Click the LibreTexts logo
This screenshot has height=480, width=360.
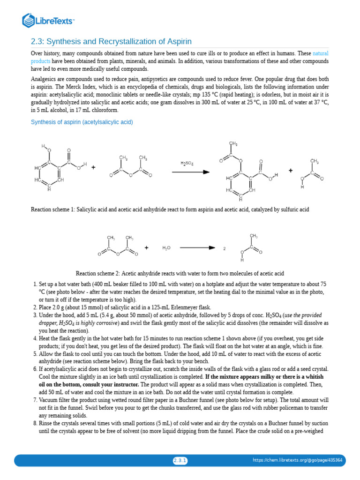pos(49,20)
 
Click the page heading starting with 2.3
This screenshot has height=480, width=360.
pos(111,41)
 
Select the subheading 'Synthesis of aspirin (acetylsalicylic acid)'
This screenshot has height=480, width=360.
pos(82,122)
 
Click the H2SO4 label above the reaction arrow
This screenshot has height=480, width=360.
pos(187,163)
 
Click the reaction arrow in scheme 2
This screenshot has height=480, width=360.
pos(197,247)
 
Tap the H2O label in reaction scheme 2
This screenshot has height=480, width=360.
pos(166,248)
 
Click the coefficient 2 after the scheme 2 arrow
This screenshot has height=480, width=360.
pos(225,248)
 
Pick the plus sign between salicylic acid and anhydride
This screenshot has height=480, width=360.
pos(94,167)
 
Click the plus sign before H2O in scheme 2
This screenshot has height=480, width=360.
pos(147,247)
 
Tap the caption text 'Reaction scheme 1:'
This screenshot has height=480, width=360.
pos(53,210)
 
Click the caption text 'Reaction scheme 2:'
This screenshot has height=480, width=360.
pos(98,274)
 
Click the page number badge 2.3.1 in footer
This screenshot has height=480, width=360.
pos(180,460)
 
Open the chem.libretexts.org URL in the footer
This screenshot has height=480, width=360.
pos(298,460)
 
